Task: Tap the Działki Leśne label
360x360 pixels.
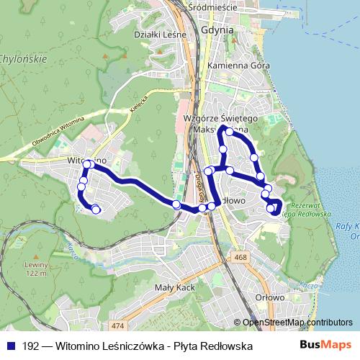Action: click(x=161, y=34)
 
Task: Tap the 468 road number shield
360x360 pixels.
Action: click(x=240, y=257)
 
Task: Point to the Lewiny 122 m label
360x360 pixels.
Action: click(x=35, y=268)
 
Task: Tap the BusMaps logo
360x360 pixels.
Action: click(x=325, y=346)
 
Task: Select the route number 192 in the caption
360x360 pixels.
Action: click(x=31, y=346)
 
